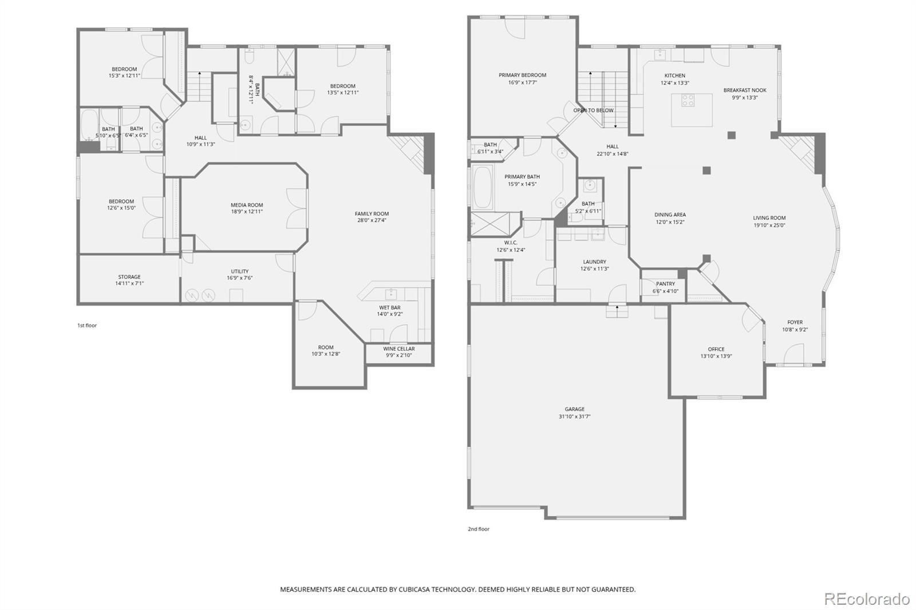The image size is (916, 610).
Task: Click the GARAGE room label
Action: coord(574,409)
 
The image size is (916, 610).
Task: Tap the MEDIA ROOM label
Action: coord(247,205)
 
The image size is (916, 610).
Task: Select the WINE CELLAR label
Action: coord(398,348)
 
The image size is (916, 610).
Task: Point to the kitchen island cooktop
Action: coord(688,101)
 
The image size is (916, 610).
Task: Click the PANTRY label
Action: coord(665,284)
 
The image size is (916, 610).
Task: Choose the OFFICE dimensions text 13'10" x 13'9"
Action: coord(716,356)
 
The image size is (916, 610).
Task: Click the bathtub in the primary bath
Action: coord(483,187)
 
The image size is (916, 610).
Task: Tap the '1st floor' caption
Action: coord(87,326)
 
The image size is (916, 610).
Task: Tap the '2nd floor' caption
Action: coord(478,529)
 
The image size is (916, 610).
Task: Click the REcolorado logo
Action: coord(866,599)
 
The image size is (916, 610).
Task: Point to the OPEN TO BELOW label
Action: coord(593,110)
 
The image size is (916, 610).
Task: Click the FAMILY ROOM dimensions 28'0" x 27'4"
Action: coord(372,220)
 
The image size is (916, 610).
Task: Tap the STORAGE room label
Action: coord(129,277)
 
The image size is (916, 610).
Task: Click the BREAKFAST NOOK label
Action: coord(744,90)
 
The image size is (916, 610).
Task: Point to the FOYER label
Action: coord(795,322)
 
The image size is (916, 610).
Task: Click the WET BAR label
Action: coord(389,307)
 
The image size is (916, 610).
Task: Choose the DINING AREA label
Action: coord(670,215)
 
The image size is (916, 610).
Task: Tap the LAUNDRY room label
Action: coord(594,262)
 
